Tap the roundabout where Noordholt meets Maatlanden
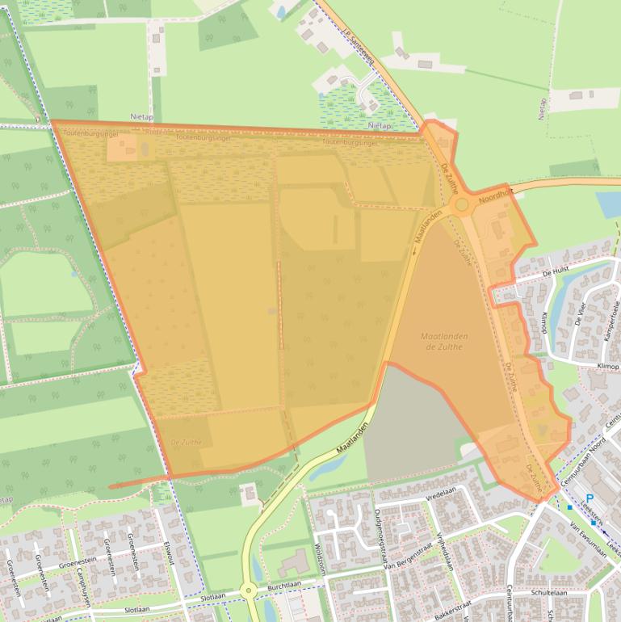pyautogui.click(x=462, y=206)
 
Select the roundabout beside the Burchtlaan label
pyautogui.click(x=248, y=591)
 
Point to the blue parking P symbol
pyautogui.click(x=590, y=498)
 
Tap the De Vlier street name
pyautogui.click(x=581, y=313)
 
